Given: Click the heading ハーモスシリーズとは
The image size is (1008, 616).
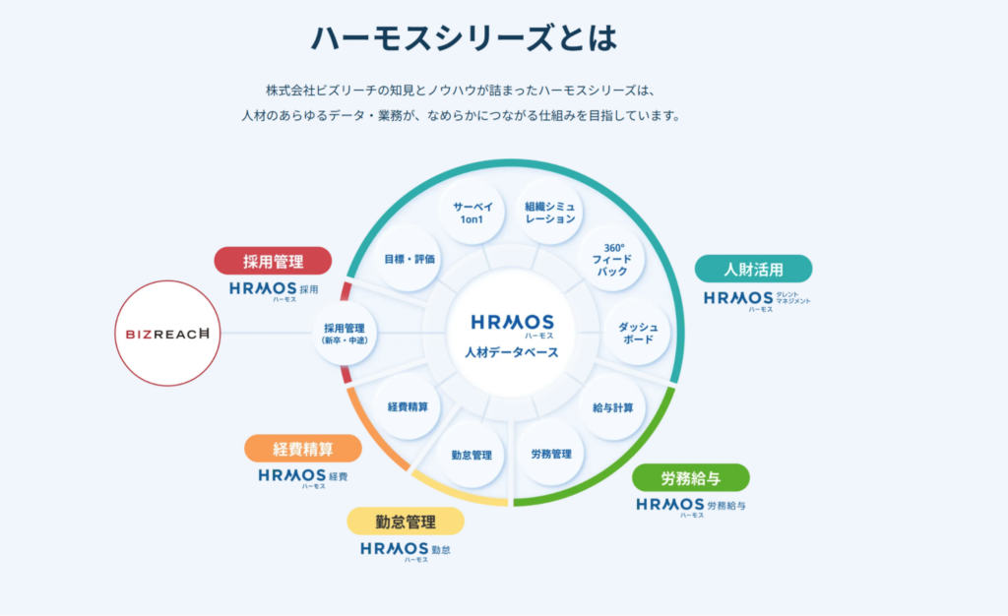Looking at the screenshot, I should click(464, 38).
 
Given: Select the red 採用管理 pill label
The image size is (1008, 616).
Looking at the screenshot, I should click(273, 261).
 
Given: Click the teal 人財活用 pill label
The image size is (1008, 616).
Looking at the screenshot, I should click(753, 269).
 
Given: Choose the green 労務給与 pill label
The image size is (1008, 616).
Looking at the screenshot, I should click(690, 478).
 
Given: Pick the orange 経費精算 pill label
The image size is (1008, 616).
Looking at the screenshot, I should click(303, 449).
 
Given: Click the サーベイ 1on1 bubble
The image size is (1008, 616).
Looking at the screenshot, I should click(472, 213).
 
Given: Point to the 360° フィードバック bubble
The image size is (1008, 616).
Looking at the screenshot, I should click(611, 258).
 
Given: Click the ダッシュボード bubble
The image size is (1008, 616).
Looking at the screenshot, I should click(637, 333).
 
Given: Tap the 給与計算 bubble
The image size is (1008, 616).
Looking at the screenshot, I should click(612, 407).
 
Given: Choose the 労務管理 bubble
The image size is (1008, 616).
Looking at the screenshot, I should click(551, 454).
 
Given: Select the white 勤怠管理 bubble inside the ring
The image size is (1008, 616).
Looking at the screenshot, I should click(472, 455).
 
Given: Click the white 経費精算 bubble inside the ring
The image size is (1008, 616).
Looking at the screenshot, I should click(408, 406).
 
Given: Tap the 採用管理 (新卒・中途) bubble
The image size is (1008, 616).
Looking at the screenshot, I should click(345, 333).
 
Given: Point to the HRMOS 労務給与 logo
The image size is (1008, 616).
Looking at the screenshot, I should click(690, 506).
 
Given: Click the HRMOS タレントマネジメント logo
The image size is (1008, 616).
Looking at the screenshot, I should click(756, 299).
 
